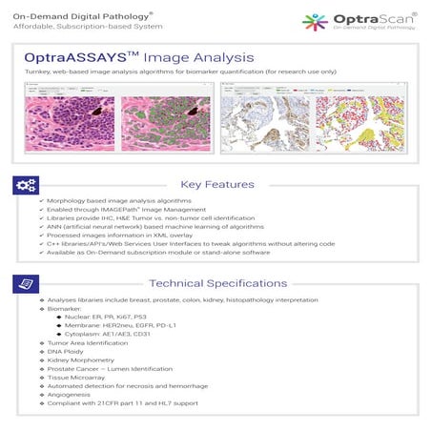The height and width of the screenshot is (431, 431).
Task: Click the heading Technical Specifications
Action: point(218,283)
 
